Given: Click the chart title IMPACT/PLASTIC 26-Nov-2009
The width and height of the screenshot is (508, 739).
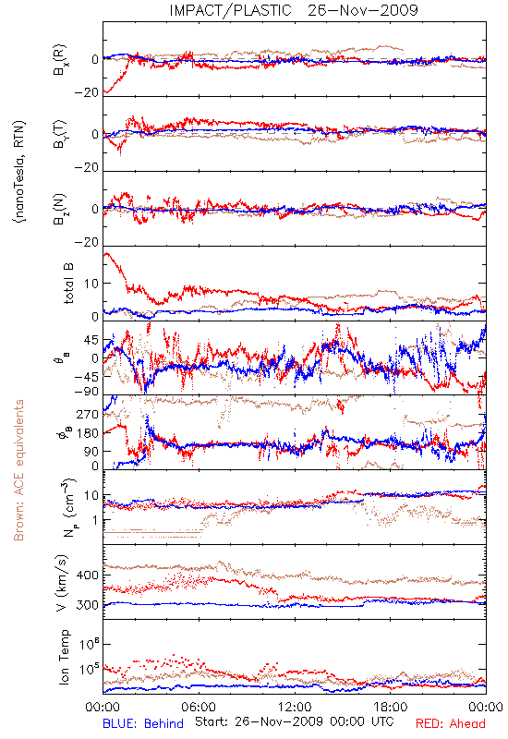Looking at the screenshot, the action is (294, 10).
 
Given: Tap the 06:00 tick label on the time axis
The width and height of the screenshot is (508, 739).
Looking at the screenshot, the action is (199, 707).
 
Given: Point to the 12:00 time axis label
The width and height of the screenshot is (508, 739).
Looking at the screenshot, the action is (295, 707).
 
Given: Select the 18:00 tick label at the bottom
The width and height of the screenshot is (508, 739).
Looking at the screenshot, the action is (391, 707).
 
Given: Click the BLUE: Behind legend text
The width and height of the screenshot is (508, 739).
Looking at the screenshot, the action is (143, 723).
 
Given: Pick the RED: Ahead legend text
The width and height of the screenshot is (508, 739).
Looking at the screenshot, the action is (451, 723).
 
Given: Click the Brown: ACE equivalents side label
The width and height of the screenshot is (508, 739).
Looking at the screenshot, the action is (18, 470).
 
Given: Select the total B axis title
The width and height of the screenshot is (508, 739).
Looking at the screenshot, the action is (68, 284).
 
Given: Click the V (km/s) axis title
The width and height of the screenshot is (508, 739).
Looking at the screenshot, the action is (62, 583).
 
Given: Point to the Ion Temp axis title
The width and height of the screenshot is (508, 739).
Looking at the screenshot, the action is (64, 657).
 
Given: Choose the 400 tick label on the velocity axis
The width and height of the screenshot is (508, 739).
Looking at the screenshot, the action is (87, 575).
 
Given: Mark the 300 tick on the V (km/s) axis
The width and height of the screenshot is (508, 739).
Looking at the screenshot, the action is (87, 605).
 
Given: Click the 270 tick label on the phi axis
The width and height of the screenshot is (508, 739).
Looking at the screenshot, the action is (87, 414).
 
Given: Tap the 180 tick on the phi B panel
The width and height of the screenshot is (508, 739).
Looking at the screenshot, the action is (87, 433).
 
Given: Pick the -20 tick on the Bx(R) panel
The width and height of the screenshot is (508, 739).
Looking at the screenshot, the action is (86, 92).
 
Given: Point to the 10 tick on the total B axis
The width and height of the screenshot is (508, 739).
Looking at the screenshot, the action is (91, 284).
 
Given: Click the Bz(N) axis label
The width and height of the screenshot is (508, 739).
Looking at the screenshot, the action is (60, 209).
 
